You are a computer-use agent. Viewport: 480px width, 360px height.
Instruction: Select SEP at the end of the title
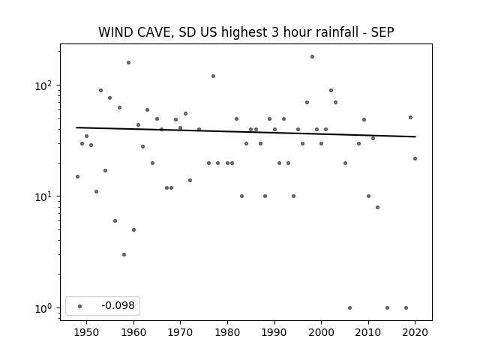(382, 32)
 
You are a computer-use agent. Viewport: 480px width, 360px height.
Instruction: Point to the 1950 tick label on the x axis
(87, 333)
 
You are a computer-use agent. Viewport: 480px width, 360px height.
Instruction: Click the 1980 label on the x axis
(227, 333)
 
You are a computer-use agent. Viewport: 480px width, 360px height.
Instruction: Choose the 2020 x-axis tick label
(415, 333)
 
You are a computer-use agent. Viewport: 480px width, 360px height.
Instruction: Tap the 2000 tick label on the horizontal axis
(321, 333)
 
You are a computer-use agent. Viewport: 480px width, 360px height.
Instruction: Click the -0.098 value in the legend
(118, 306)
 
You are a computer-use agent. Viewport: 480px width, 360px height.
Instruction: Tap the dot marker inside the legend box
(80, 306)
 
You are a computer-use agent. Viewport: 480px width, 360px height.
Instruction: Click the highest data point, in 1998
(312, 57)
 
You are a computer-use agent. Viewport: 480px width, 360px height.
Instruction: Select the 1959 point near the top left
(128, 63)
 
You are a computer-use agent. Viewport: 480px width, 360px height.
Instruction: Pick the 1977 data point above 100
(213, 76)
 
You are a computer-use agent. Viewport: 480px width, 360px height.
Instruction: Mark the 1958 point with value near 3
(124, 255)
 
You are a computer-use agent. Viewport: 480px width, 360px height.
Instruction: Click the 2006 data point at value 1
(350, 308)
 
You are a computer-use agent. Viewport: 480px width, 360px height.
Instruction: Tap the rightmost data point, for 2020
(415, 158)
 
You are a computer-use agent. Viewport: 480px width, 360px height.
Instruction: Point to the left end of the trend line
(76, 127)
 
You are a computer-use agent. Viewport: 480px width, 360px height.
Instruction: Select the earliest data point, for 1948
(77, 177)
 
